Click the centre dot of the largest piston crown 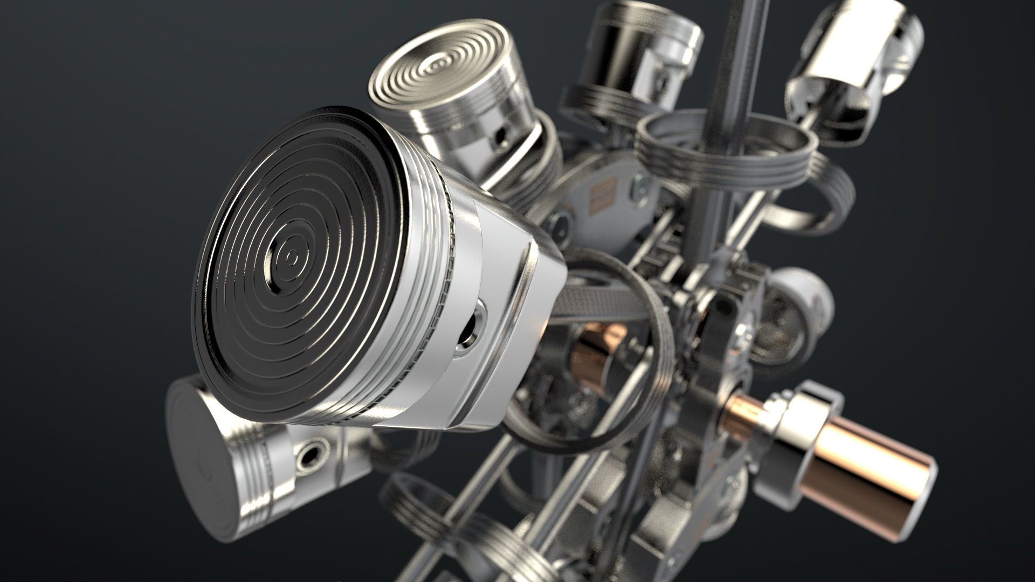tap(292, 258)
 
